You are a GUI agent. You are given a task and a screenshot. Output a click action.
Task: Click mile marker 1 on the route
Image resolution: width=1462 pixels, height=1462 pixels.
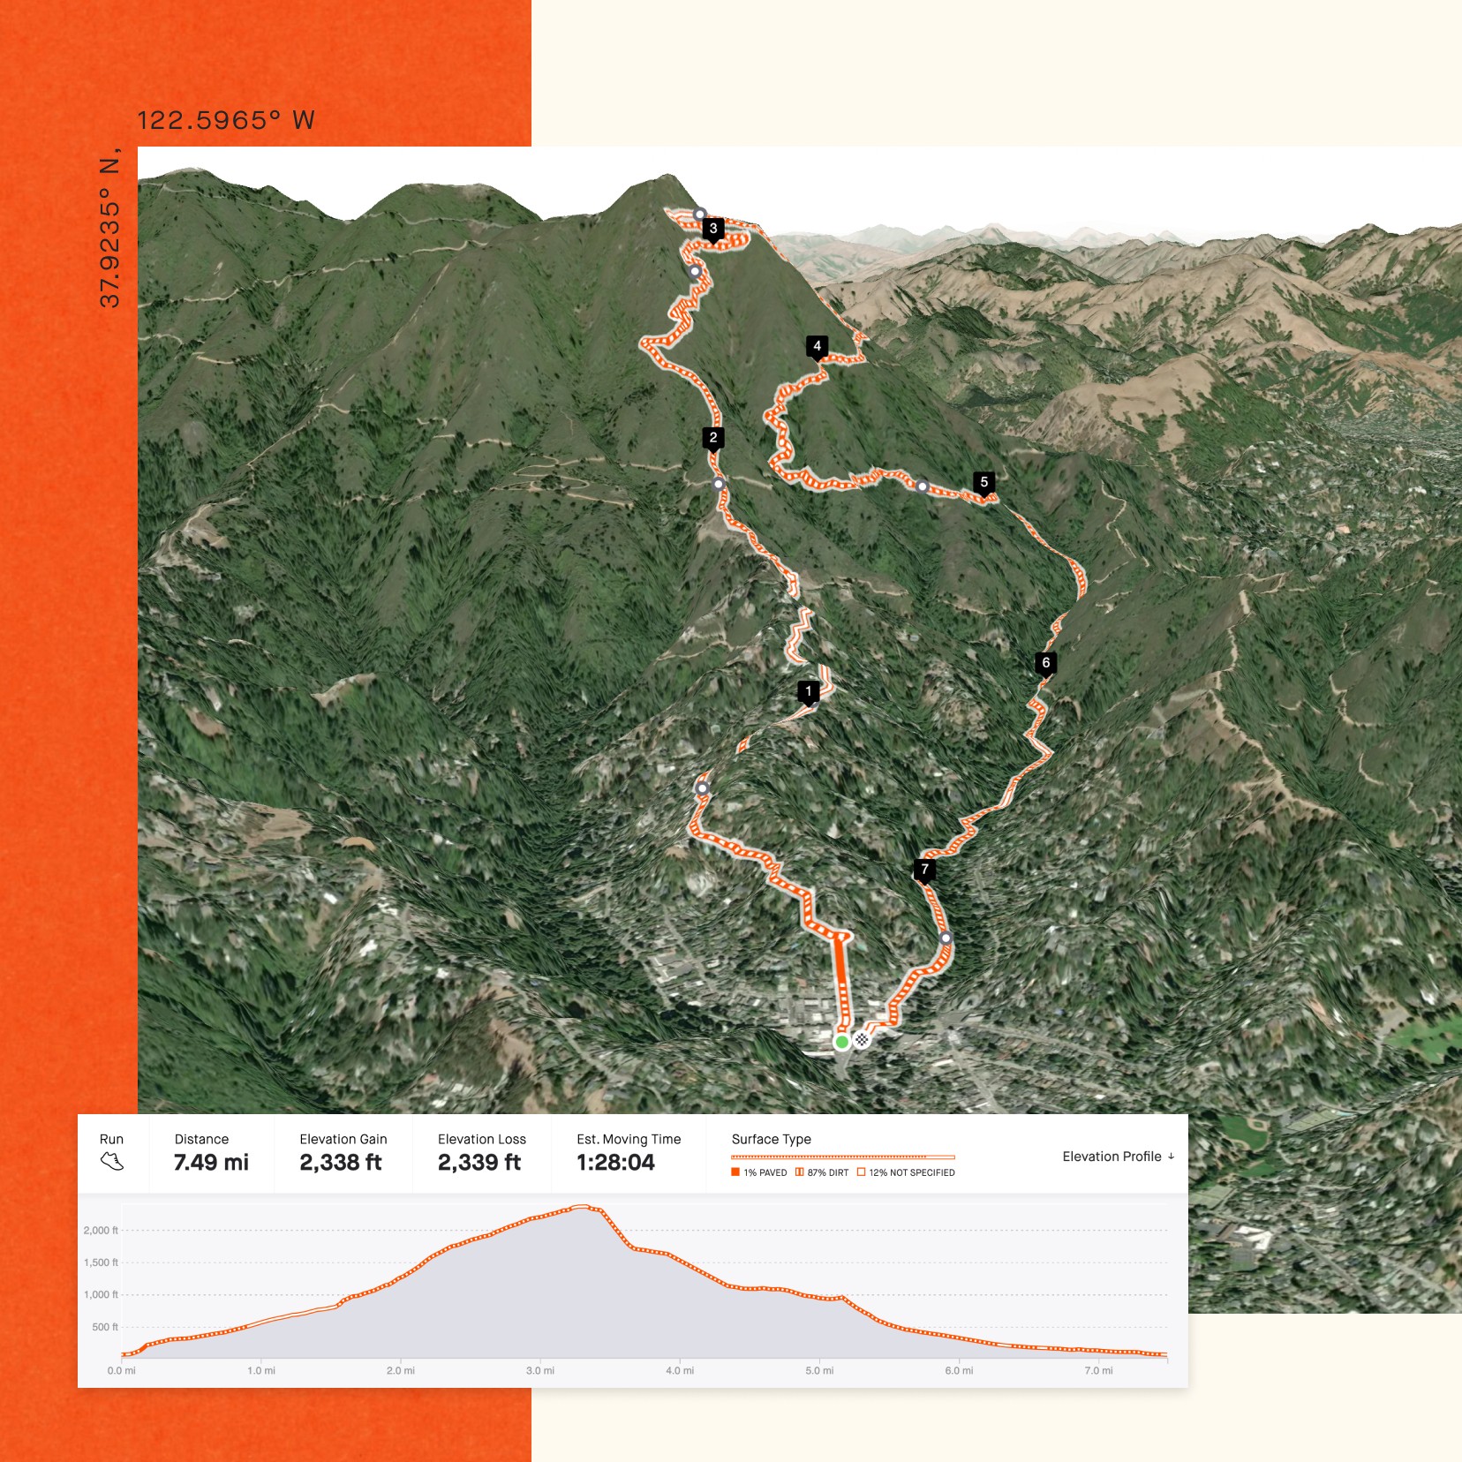808,691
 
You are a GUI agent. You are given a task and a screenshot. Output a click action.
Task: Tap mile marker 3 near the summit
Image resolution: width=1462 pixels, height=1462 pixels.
713,229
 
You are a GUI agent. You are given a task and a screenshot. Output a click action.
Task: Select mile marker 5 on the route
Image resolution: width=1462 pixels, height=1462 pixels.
983,482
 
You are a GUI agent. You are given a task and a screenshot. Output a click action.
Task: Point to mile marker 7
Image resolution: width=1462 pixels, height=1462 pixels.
924,870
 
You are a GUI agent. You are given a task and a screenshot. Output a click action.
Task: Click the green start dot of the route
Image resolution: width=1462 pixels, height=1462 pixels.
841,1042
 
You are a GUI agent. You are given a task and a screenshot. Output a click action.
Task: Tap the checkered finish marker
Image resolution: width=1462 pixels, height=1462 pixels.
862,1039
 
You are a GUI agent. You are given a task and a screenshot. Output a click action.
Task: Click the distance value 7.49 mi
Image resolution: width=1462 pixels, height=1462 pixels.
211,1162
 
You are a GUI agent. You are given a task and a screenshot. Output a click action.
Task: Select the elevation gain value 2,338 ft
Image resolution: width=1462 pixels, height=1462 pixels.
341,1162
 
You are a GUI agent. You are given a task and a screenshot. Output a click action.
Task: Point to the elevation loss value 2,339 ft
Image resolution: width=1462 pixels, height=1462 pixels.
479,1162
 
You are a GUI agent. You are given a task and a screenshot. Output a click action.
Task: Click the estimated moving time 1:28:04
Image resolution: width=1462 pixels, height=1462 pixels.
615,1162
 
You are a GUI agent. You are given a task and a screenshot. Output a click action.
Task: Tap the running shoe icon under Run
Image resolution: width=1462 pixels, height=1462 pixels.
112,1162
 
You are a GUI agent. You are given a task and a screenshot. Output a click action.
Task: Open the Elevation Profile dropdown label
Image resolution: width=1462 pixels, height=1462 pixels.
1118,1157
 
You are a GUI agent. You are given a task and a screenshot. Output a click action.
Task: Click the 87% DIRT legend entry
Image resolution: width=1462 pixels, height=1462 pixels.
822,1172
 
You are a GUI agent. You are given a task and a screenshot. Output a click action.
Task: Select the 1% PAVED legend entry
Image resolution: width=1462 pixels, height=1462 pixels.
759,1172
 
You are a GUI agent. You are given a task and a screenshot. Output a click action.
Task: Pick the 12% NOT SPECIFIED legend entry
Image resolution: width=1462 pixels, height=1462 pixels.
906,1172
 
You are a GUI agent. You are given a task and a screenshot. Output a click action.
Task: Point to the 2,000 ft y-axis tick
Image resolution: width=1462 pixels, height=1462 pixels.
100,1230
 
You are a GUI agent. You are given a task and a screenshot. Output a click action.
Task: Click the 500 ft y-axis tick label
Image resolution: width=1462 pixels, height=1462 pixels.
104,1327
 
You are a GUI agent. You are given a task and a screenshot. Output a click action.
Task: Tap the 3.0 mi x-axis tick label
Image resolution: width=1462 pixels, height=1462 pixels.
540,1370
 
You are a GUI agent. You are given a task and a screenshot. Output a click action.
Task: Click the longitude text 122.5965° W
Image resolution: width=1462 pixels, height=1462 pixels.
226,120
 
